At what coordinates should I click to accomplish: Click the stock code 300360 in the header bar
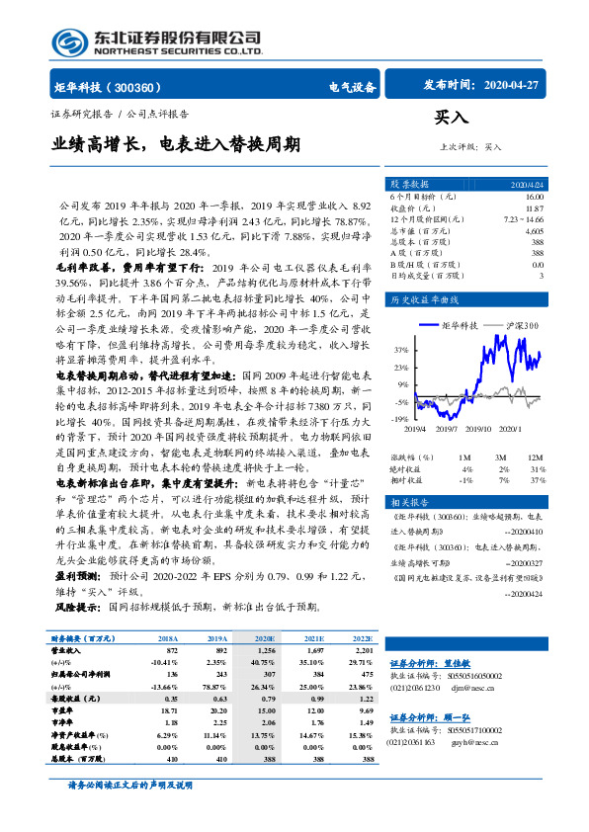[146, 87]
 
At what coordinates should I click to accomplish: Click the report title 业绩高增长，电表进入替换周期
[177, 145]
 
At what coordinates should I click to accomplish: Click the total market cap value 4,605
[534, 230]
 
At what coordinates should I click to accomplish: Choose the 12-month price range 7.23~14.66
[525, 219]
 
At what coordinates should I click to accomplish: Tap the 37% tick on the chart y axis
[400, 350]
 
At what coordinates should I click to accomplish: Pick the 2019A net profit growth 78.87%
[216, 688]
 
